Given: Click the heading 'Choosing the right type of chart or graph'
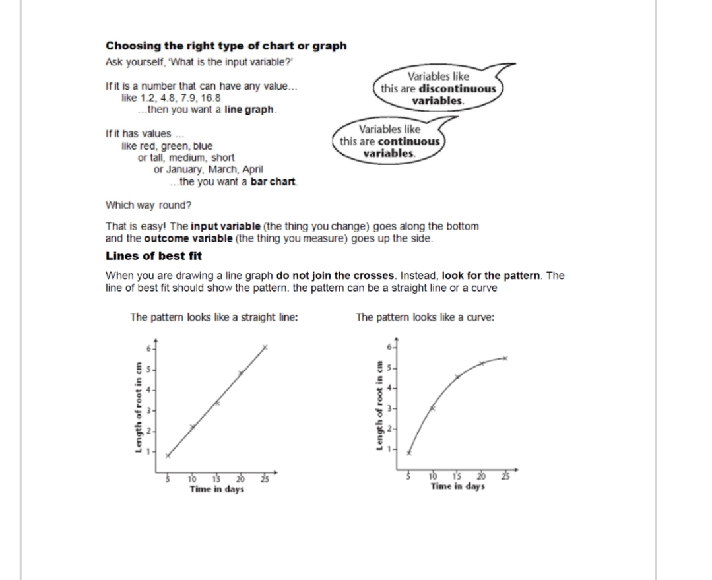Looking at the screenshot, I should coord(226,46).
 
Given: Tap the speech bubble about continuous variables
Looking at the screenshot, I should coord(389,141).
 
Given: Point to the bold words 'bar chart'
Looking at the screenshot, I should coord(274,182).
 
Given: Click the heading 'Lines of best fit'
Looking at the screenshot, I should coord(154,255).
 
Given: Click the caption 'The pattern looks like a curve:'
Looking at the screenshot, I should coord(425,317).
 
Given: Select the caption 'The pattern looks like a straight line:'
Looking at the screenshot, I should coord(214,317).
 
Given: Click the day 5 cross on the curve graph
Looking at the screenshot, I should coord(408,453).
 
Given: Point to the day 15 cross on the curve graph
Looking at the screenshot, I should coord(457,377).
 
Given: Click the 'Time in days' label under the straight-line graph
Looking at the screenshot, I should coord(216,489).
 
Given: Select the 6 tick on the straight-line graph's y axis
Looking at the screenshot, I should coord(148,348).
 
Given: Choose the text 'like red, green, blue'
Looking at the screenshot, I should coord(168,146).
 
